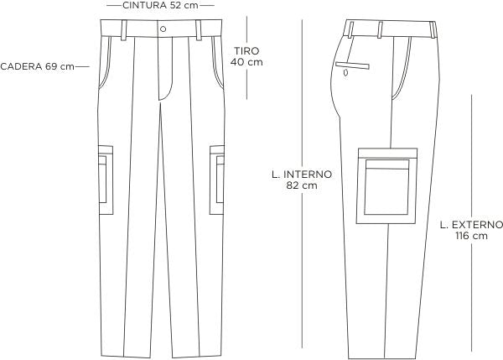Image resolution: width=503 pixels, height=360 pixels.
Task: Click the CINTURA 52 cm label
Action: point(161,5)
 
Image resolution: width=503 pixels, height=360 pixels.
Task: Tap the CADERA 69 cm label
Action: point(38,66)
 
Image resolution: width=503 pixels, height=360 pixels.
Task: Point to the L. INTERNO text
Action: point(303,175)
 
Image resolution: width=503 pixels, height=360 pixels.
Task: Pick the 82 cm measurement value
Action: point(303,186)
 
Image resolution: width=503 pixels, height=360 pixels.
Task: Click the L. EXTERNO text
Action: point(471,225)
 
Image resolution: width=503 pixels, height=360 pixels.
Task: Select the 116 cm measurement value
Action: point(471,237)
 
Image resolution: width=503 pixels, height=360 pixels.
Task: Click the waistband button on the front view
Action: point(162,28)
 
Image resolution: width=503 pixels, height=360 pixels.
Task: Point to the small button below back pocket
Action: point(345,74)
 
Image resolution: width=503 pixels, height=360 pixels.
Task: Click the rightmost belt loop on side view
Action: point(433,29)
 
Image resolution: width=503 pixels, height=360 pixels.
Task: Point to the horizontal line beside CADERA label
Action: point(82,66)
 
